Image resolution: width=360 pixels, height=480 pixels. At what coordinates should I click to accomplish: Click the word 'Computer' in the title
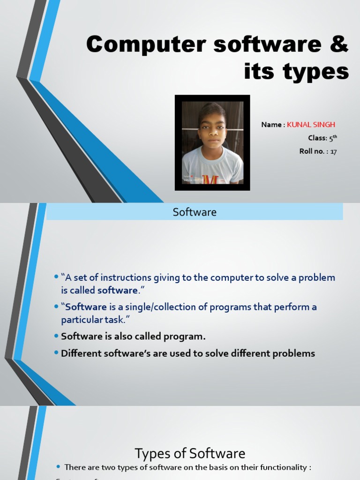(x=140, y=45)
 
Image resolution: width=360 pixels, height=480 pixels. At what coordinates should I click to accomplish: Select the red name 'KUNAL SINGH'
(x=311, y=125)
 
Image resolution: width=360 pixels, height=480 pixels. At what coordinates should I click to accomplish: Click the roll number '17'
(x=333, y=151)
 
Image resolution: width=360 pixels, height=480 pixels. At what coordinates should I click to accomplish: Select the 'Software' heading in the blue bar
(x=195, y=212)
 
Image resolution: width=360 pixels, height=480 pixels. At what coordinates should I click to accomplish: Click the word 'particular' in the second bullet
(x=80, y=320)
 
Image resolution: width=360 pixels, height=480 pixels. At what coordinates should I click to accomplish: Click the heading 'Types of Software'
(x=190, y=453)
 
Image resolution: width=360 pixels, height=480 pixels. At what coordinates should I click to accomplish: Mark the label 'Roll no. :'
(x=314, y=151)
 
